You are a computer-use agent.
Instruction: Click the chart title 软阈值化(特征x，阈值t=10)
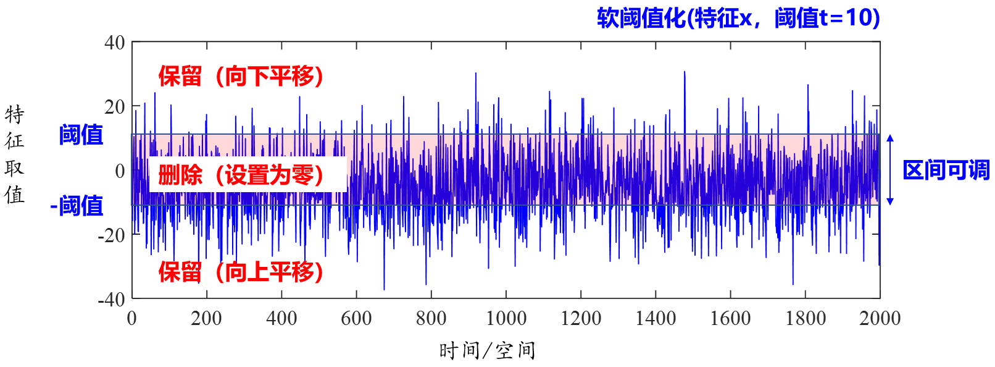point(738,18)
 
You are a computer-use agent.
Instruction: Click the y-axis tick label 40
point(115,43)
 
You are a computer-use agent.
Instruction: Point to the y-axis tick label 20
point(115,107)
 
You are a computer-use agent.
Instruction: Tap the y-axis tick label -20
point(112,235)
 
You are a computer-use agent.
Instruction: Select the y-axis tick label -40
point(112,299)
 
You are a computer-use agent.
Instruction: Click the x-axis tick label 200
point(206,318)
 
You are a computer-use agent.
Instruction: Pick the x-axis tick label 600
point(356,318)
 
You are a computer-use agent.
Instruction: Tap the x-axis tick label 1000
point(506,318)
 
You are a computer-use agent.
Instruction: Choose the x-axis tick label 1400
point(656,318)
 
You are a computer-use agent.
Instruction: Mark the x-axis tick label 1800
point(806,318)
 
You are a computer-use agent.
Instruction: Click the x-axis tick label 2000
point(880,318)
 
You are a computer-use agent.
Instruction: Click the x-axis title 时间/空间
point(487,350)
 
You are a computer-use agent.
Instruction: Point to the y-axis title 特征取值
point(14,154)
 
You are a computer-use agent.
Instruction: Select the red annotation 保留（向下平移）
point(241,77)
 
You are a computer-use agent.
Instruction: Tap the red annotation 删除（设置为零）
point(241,175)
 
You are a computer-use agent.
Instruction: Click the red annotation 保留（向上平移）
point(241,272)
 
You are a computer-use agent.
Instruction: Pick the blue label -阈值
point(77,206)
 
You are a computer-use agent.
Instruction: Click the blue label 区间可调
point(946,170)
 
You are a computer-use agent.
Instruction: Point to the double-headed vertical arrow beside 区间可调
point(890,169)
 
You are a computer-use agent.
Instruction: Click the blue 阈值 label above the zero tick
point(81,134)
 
